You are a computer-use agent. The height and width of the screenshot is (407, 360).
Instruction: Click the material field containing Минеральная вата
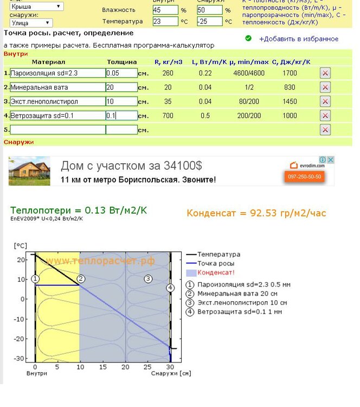(x=57, y=87)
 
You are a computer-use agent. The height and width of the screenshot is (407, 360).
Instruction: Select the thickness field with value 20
(x=121, y=87)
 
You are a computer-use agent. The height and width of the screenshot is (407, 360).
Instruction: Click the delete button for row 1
(x=325, y=73)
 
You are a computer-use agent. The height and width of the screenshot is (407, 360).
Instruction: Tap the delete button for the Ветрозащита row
(x=325, y=116)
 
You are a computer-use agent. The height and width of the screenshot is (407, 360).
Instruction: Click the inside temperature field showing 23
(x=165, y=22)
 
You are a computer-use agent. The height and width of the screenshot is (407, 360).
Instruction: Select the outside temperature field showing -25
(x=209, y=22)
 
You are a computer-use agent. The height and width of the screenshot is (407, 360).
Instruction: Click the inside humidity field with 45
(x=165, y=10)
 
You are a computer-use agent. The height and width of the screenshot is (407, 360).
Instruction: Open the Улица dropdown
(x=31, y=23)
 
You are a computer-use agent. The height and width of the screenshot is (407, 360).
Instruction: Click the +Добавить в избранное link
(x=298, y=39)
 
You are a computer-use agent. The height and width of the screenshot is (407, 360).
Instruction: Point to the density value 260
(x=168, y=73)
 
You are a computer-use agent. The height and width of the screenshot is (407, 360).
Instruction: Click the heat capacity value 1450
(x=290, y=101)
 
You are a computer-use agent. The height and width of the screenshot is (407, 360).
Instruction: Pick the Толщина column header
(x=122, y=62)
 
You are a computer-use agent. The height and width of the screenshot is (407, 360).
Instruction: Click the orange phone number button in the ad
(x=304, y=177)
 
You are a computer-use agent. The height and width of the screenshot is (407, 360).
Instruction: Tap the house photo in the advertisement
(x=29, y=171)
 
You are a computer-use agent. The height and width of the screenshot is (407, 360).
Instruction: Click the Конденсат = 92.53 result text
(x=256, y=213)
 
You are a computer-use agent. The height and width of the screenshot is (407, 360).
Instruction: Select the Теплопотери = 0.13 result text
(x=79, y=210)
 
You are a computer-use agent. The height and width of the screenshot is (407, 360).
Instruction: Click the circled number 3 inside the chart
(x=147, y=278)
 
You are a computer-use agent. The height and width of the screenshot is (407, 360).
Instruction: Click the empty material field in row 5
(x=57, y=130)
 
